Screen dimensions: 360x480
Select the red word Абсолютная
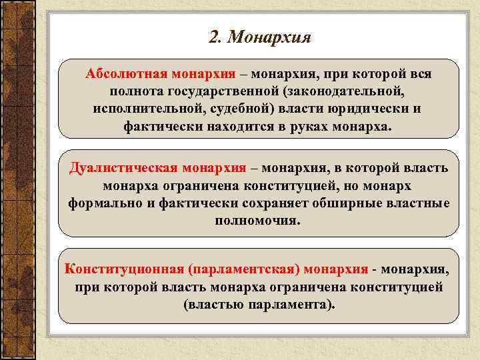click(x=125, y=73)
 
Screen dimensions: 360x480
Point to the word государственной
click(x=222, y=91)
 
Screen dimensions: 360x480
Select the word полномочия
click(x=258, y=219)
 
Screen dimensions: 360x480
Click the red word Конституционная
click(x=124, y=269)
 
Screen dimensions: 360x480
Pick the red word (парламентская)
click(x=245, y=269)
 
